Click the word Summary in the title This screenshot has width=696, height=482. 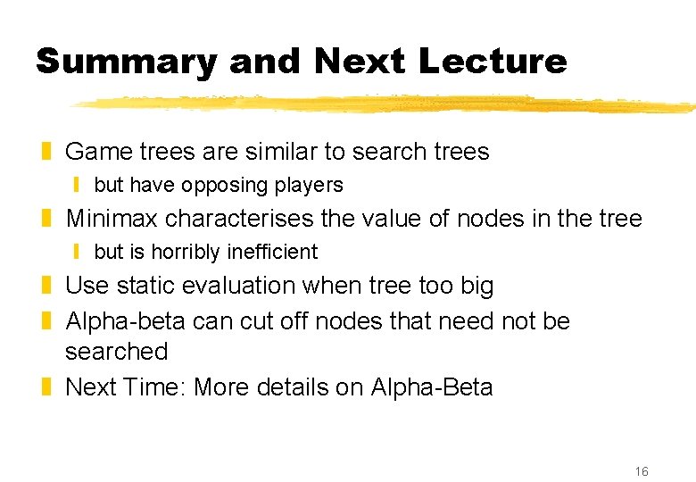pyautogui.click(x=126, y=62)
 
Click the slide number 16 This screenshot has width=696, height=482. pyautogui.click(x=641, y=471)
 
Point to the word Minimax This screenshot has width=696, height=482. pyautogui.click(x=112, y=219)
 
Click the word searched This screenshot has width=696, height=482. pyautogui.click(x=116, y=352)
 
